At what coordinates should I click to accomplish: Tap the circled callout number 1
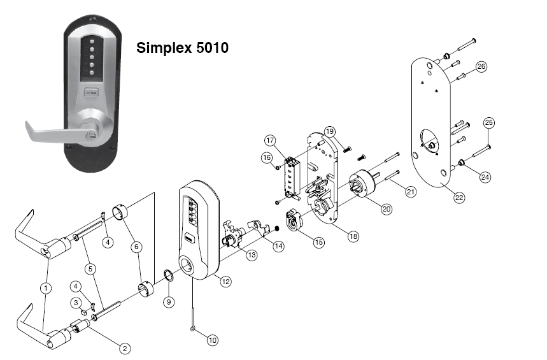coord(46,288)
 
